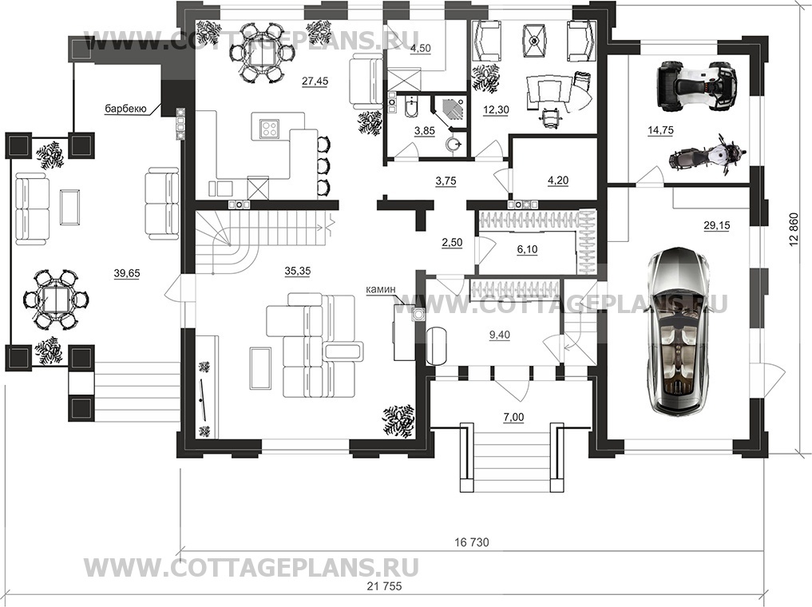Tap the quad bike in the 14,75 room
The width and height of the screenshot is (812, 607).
696,86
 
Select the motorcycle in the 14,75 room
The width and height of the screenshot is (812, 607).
707,156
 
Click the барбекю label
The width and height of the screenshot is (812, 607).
126,109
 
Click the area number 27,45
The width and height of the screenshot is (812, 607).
315,81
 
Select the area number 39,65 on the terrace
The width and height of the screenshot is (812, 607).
126,273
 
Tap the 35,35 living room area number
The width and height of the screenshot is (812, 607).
297,270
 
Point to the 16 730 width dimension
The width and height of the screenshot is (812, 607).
472,542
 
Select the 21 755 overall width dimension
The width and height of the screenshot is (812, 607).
384,586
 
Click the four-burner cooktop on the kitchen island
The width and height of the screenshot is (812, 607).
269,128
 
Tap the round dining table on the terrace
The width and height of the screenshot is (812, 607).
56,300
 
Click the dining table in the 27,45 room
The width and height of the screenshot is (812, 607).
262,52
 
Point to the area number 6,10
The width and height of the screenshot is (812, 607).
527,249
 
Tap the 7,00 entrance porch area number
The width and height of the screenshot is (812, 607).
513,417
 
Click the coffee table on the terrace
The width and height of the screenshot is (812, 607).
70,207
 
